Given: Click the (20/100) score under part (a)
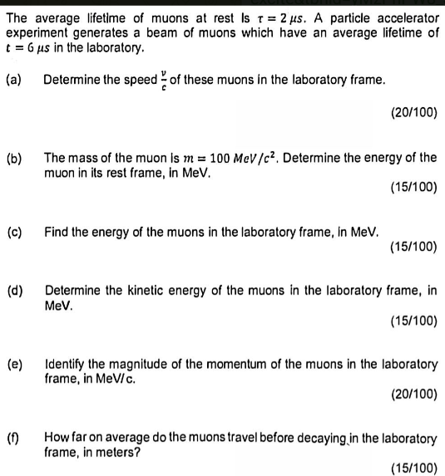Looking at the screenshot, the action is [x=413, y=110].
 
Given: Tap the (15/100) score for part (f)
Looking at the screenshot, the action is [x=413, y=467].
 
